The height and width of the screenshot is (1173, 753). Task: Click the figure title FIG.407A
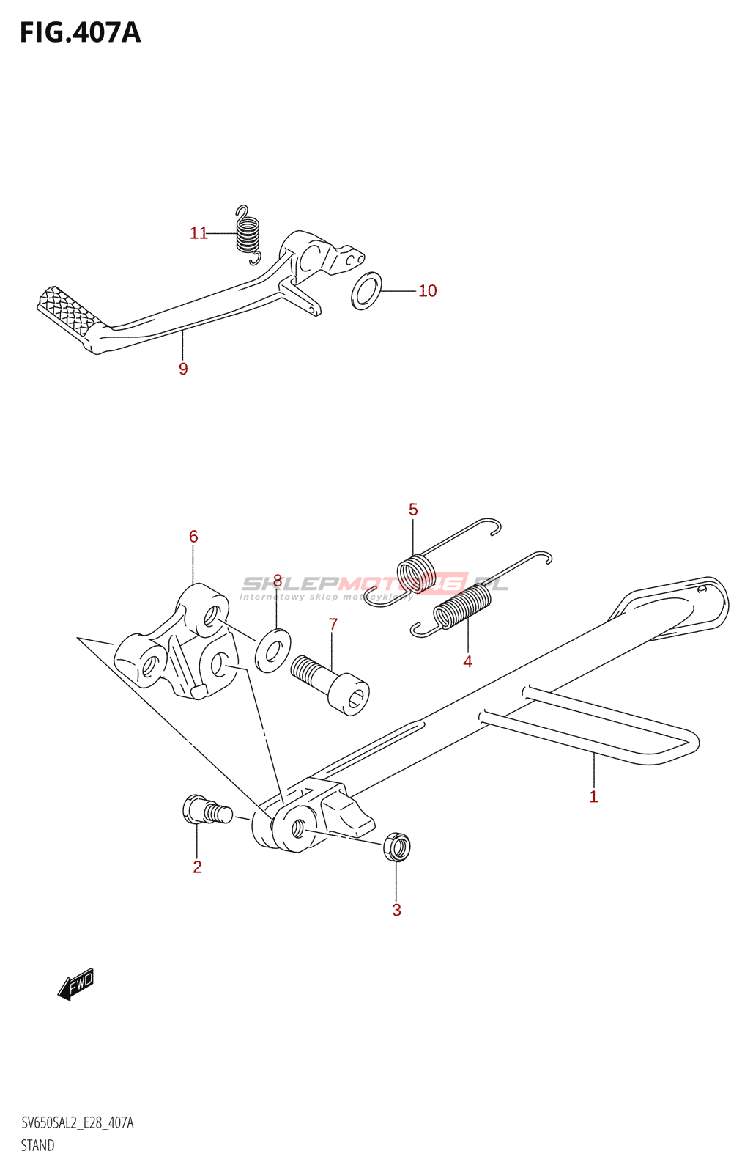coord(80,33)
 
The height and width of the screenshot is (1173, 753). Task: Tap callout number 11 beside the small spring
coord(199,233)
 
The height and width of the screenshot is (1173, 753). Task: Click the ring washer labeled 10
coord(366,290)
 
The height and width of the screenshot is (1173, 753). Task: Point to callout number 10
coord(427,291)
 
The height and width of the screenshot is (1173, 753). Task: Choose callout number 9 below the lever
coord(183,369)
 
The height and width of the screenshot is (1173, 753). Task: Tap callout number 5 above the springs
coord(413,510)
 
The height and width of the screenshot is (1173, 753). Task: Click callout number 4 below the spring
coord(467,661)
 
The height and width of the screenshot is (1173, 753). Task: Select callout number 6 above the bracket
coord(193,537)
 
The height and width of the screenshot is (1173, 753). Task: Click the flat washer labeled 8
coord(272,650)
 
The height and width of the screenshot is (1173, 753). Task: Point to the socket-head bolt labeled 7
coord(331,683)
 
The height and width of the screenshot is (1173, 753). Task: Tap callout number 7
coord(333,625)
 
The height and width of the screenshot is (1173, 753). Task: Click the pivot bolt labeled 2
coord(206,811)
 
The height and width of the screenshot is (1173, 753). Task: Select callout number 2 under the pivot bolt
coord(197,867)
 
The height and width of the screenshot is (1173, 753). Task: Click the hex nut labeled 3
coord(396,847)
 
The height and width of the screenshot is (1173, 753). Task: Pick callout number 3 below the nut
coord(396,911)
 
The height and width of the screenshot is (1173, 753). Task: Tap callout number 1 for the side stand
coord(593,796)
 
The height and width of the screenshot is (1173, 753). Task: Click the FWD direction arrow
coord(75,984)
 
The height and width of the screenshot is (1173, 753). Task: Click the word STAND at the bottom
coord(37,1145)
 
